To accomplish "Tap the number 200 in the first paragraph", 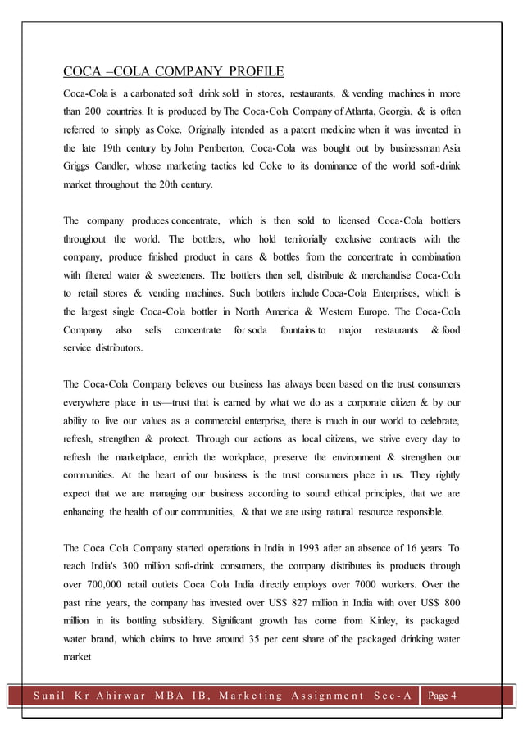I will coord(102,109).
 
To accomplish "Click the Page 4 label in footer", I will coord(445,696).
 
